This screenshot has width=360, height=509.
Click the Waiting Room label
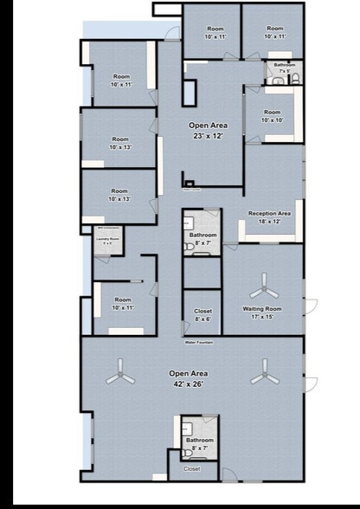click(x=263, y=309)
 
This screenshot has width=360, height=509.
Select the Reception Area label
click(x=269, y=213)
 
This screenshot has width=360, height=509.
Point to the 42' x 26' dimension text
click(x=188, y=383)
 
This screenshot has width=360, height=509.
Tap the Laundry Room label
click(x=108, y=239)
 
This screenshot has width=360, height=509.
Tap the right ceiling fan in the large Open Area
click(x=262, y=377)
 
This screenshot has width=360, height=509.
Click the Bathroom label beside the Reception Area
click(x=202, y=235)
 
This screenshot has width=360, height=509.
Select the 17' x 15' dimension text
click(x=263, y=316)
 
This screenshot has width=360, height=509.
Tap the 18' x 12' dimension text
click(x=269, y=221)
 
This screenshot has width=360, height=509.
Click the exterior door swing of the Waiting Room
click(x=311, y=304)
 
